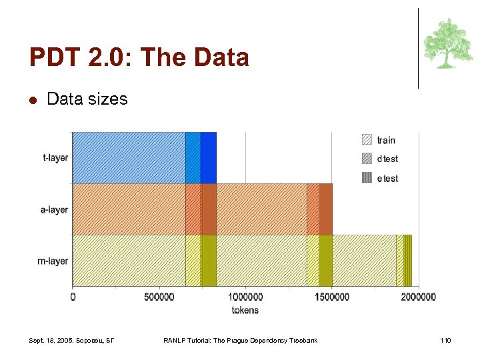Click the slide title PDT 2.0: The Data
(x=139, y=57)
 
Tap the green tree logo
(x=448, y=43)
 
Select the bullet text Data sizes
(x=87, y=99)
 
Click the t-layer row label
(x=55, y=158)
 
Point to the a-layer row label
(x=55, y=209)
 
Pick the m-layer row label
(x=53, y=261)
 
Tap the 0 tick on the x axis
(x=73, y=297)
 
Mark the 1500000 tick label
(x=331, y=297)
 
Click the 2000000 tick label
(x=417, y=297)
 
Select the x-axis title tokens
(x=245, y=310)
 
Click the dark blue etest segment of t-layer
(x=208, y=157)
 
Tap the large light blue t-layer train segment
(x=129, y=157)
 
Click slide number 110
(x=445, y=341)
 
